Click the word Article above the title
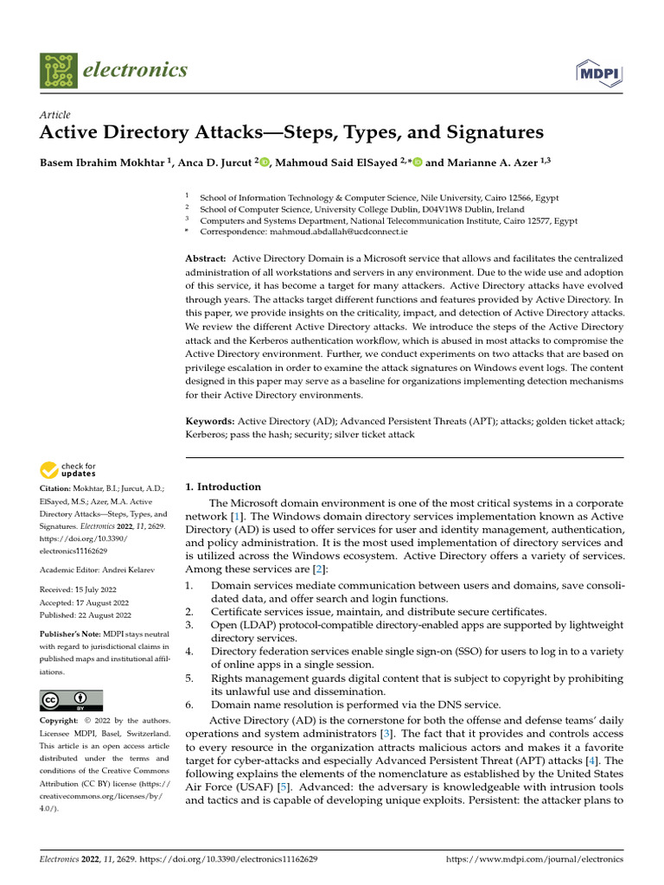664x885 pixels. pyautogui.click(x=55, y=115)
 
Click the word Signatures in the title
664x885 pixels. pyautogui.click(x=493, y=132)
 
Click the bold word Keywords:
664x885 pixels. pyautogui.click(x=212, y=420)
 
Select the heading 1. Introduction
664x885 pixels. pyautogui.click(x=223, y=487)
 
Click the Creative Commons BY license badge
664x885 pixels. pyautogui.click(x=71, y=700)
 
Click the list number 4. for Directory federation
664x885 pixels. pyautogui.click(x=190, y=652)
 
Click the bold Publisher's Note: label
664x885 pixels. pyautogui.click(x=72, y=634)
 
